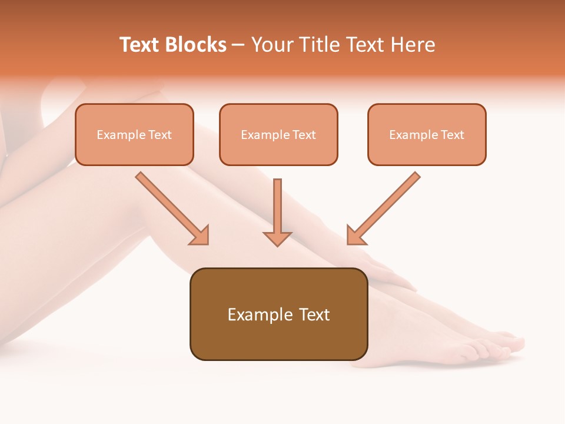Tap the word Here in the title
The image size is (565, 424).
414,45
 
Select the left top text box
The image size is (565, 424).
134,134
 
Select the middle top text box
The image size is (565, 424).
278,134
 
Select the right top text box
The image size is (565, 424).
427,134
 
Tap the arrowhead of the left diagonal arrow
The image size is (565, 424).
200,236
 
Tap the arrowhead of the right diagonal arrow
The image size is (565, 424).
355,236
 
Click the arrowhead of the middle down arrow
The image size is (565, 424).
277,238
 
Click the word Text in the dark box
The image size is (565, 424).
314,314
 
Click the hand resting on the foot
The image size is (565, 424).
388,271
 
